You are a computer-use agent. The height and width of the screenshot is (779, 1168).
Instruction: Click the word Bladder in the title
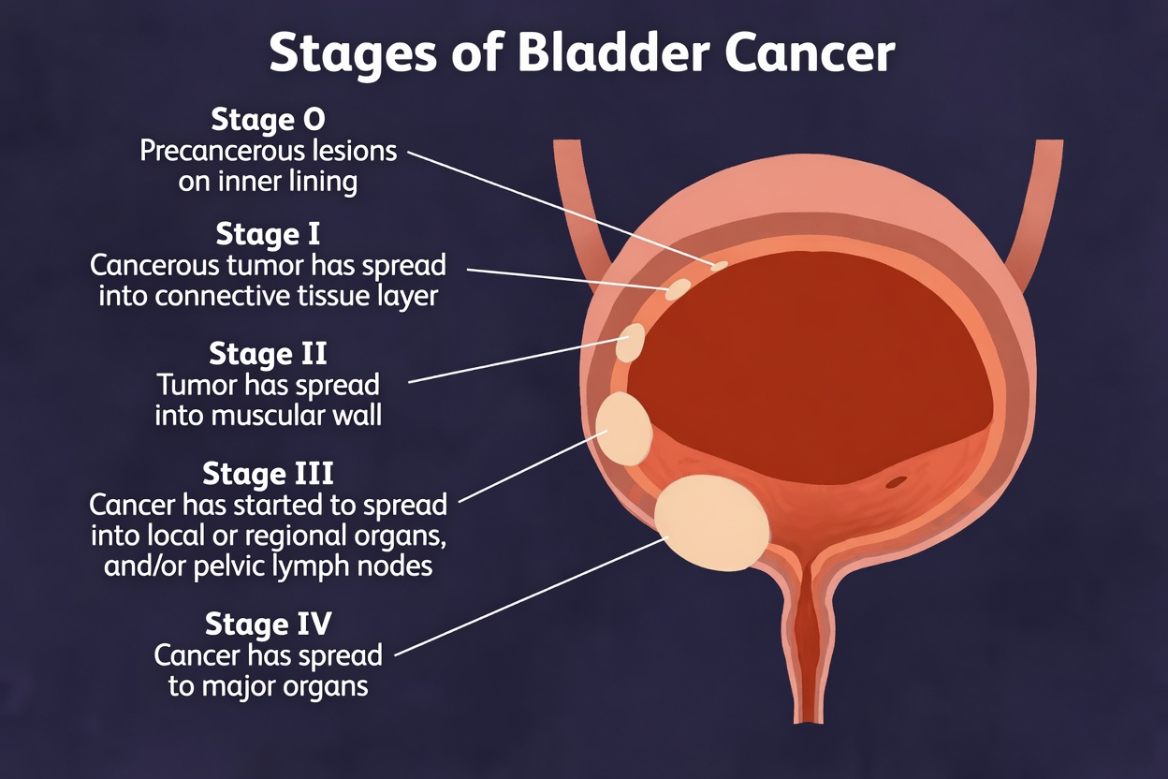tap(611, 54)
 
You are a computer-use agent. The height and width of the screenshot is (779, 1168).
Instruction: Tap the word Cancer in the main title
tap(809, 54)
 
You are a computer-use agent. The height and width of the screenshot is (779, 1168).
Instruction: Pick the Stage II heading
tap(268, 354)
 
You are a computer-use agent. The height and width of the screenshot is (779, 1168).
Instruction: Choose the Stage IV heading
tap(268, 624)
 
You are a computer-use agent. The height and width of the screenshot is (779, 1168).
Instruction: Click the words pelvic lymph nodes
tap(337, 566)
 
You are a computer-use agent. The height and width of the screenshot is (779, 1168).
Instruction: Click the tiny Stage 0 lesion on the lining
tap(719, 266)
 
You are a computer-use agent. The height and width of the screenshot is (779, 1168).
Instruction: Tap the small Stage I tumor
tap(678, 289)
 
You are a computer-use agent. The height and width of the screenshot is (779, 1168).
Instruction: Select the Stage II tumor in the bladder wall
tap(631, 343)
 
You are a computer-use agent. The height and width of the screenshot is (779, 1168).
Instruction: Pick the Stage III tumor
tap(623, 428)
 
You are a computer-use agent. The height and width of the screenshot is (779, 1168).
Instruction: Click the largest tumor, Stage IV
tap(711, 522)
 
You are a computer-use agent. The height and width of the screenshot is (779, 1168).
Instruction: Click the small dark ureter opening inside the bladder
tap(896, 483)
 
